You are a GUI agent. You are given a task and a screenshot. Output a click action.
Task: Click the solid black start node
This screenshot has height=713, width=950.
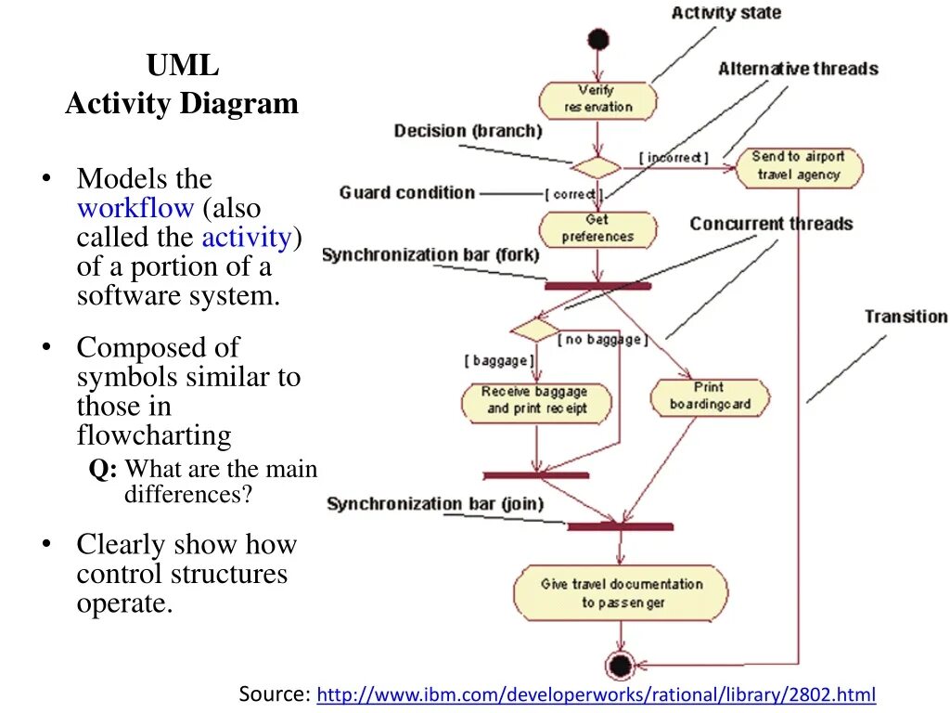[x=598, y=39]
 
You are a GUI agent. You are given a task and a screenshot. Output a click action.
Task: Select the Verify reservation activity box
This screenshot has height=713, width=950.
[x=598, y=100]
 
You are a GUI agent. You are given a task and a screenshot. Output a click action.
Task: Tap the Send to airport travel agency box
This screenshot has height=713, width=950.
[x=799, y=167]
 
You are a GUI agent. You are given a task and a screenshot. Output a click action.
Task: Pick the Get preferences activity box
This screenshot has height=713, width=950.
[x=598, y=230]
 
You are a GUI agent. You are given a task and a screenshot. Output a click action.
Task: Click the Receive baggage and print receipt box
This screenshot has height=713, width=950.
[x=536, y=402]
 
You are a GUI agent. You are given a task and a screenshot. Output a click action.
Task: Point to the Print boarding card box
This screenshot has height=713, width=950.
[x=710, y=397]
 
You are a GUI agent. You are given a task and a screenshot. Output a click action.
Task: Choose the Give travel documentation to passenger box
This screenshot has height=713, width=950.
[x=621, y=593]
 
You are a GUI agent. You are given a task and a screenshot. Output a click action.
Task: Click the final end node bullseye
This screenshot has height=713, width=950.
[x=621, y=665]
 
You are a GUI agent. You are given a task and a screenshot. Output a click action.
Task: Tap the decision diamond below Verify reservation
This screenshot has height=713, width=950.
[x=597, y=167]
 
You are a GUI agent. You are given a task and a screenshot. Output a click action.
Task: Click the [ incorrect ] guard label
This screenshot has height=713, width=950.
[x=674, y=158]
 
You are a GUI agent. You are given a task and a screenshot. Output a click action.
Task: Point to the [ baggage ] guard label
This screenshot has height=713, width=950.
[x=500, y=361]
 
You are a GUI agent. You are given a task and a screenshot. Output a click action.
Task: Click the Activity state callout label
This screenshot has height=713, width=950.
[x=726, y=13]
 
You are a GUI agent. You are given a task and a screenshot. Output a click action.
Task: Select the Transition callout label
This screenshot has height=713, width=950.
[x=906, y=317]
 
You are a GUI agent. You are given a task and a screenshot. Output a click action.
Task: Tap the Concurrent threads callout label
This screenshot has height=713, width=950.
[x=771, y=224]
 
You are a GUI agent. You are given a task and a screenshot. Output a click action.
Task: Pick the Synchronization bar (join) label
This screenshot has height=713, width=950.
[x=435, y=504]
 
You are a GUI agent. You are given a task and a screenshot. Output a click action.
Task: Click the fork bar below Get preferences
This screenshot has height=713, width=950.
[x=598, y=286]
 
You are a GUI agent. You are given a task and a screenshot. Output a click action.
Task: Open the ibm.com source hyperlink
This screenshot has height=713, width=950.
[x=597, y=694]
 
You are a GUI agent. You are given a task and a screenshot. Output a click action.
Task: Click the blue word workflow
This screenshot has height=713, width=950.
[x=135, y=208]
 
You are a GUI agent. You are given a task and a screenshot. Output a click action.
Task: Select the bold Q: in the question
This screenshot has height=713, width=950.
[x=103, y=469]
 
